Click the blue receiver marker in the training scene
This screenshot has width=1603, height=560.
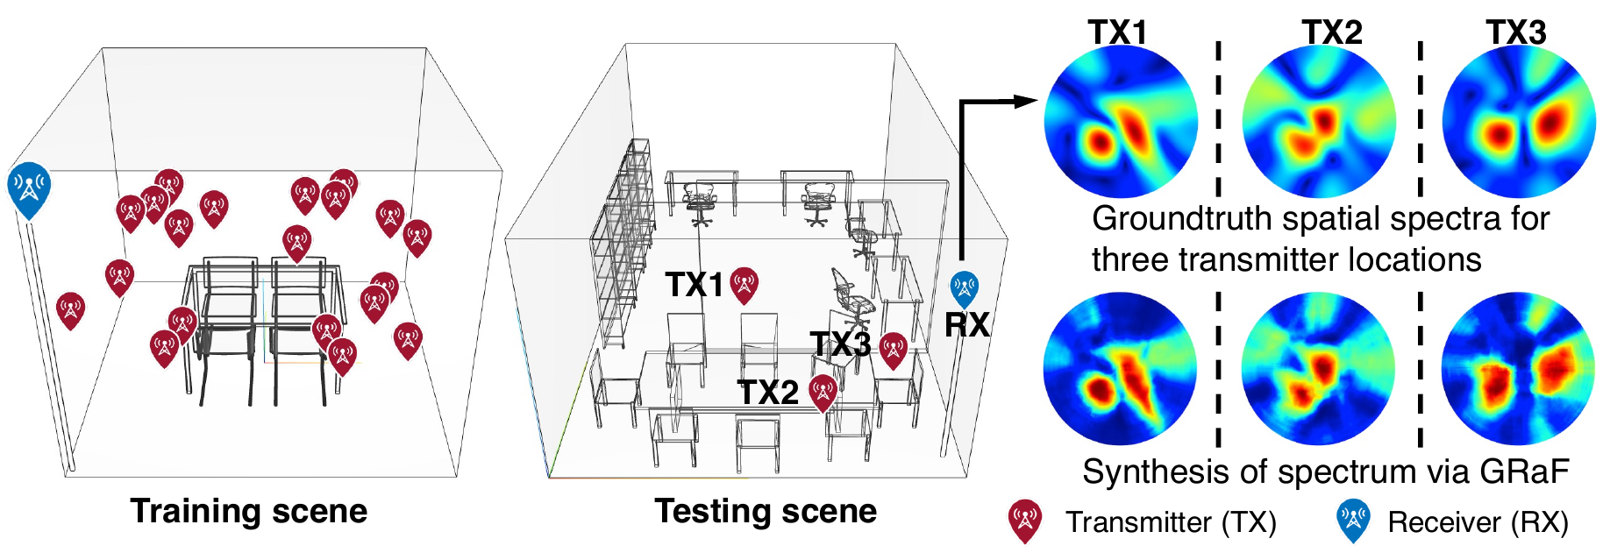[x=29, y=189]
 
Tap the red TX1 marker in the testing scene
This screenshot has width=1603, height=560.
[x=745, y=285]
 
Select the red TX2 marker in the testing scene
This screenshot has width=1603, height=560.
[x=823, y=393]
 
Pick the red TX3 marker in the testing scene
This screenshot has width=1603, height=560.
[x=893, y=351]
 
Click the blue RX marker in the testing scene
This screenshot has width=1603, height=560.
[x=965, y=288]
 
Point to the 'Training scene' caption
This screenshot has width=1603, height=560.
[x=249, y=511]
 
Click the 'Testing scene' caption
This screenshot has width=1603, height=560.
[x=766, y=511]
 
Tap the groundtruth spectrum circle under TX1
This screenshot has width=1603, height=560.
[x=1121, y=122]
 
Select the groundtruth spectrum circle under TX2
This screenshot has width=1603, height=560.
[x=1319, y=122]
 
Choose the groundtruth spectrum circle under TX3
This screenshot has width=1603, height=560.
[x=1519, y=122]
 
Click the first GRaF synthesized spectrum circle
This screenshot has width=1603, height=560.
[x=1121, y=369]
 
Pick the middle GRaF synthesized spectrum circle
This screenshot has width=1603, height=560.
[x=1319, y=369]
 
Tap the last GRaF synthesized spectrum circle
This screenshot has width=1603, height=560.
[x=1519, y=369]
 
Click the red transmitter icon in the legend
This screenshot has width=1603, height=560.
[x=1024, y=521]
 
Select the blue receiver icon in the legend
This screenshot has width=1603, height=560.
[x=1353, y=521]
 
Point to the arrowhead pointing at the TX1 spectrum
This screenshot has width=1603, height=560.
[x=1026, y=101]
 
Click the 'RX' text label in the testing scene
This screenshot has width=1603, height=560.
[x=967, y=325]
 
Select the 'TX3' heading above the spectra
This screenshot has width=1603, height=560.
[x=1516, y=32]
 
